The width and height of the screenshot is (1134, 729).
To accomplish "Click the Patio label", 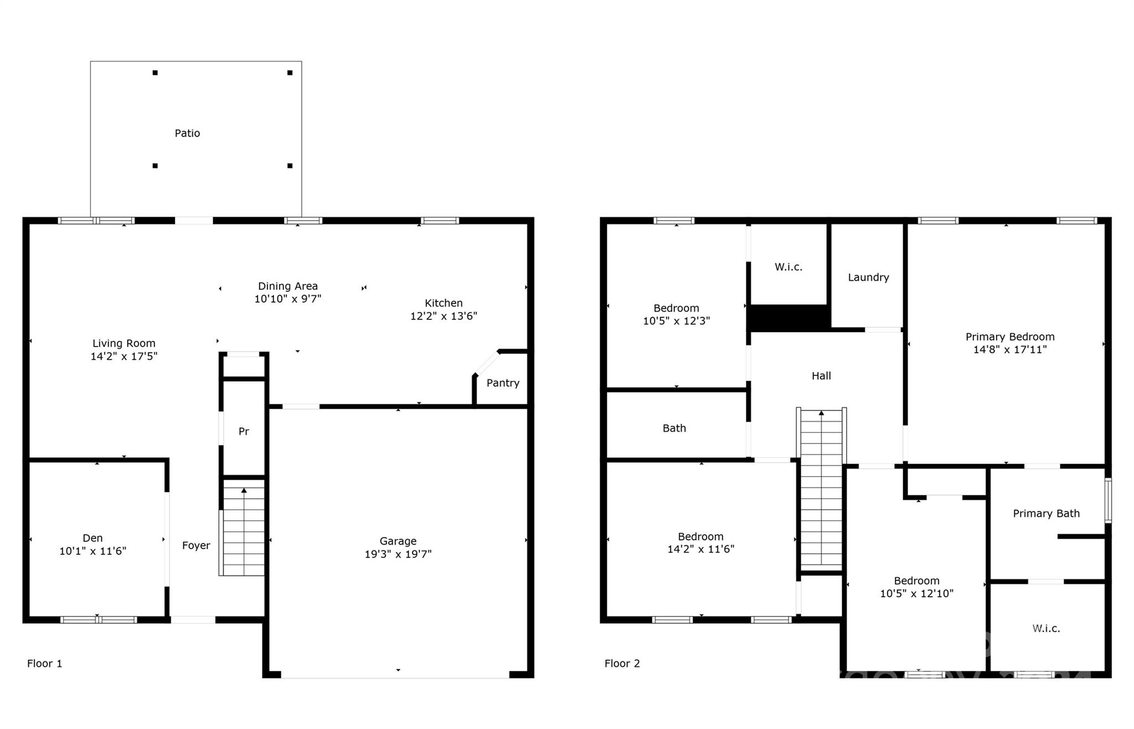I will click(187, 133).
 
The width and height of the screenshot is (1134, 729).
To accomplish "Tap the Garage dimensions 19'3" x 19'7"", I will click(398, 554).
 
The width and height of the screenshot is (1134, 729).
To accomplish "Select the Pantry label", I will click(503, 383).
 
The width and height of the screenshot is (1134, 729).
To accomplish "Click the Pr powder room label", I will click(244, 431).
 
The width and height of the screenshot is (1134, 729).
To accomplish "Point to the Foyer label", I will click(196, 546).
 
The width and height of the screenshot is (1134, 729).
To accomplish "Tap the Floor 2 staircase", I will click(821, 490).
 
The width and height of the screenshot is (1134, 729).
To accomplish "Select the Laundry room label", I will click(868, 277).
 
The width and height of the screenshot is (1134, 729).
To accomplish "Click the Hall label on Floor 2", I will click(821, 376).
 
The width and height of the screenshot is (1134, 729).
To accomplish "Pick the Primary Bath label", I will click(1046, 514).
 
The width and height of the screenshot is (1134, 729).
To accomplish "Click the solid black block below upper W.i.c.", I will click(788, 318).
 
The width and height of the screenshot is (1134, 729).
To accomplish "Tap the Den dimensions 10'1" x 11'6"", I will click(92, 551).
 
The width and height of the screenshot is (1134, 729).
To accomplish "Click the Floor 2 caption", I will click(622, 663).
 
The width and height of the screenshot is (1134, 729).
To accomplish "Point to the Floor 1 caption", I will click(45, 663).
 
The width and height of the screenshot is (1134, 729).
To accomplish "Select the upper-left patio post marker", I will click(155, 73).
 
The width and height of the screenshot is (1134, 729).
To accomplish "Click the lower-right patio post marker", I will click(290, 166).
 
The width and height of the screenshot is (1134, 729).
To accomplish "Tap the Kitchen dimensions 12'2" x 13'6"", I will click(444, 316).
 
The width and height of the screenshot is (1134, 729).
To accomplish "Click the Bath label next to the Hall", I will click(674, 428).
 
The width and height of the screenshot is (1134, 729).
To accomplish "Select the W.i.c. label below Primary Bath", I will click(1046, 628).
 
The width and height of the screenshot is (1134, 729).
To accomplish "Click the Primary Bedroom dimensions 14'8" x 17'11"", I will click(1010, 349).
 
